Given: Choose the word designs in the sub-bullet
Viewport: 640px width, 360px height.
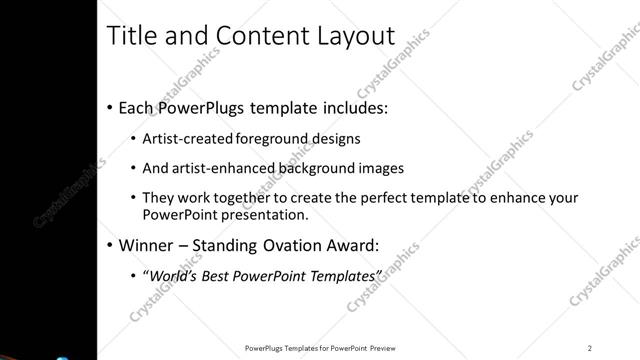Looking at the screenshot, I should [x=336, y=138].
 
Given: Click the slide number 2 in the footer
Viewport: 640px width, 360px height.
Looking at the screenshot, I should [x=590, y=348].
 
